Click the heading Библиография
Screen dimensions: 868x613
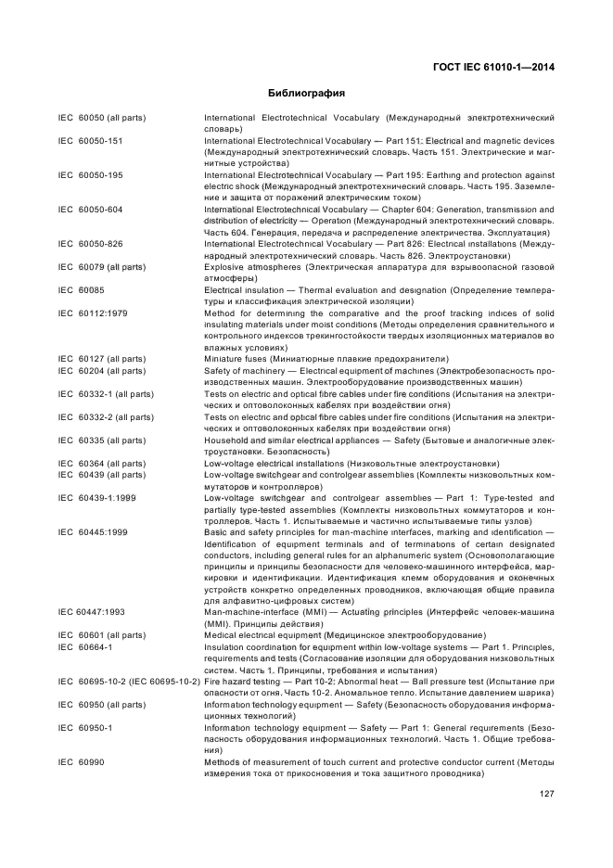306,94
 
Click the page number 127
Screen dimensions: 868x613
547,794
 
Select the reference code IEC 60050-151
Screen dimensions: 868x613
91,141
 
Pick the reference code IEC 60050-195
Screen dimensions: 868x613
91,175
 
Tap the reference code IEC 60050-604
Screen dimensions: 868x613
91,210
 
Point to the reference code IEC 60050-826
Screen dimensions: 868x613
91,244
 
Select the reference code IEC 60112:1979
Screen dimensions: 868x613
93,313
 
